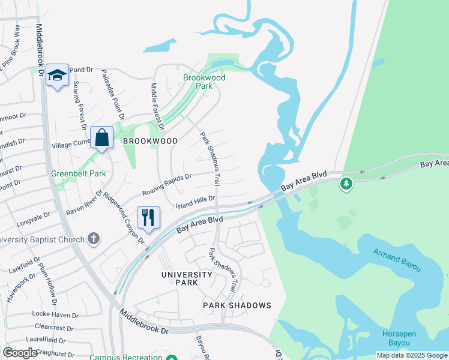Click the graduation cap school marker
point(58,75)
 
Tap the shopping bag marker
point(102,137)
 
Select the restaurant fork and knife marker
point(148,217)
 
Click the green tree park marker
point(346,184)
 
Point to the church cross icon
point(93,239)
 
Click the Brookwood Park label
point(204,82)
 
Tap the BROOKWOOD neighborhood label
point(150,141)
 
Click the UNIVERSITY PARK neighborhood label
point(187,278)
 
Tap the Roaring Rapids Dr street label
point(166,185)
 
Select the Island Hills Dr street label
point(194,202)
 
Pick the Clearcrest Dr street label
point(53,328)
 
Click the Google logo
point(20,353)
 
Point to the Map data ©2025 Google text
point(412,355)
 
